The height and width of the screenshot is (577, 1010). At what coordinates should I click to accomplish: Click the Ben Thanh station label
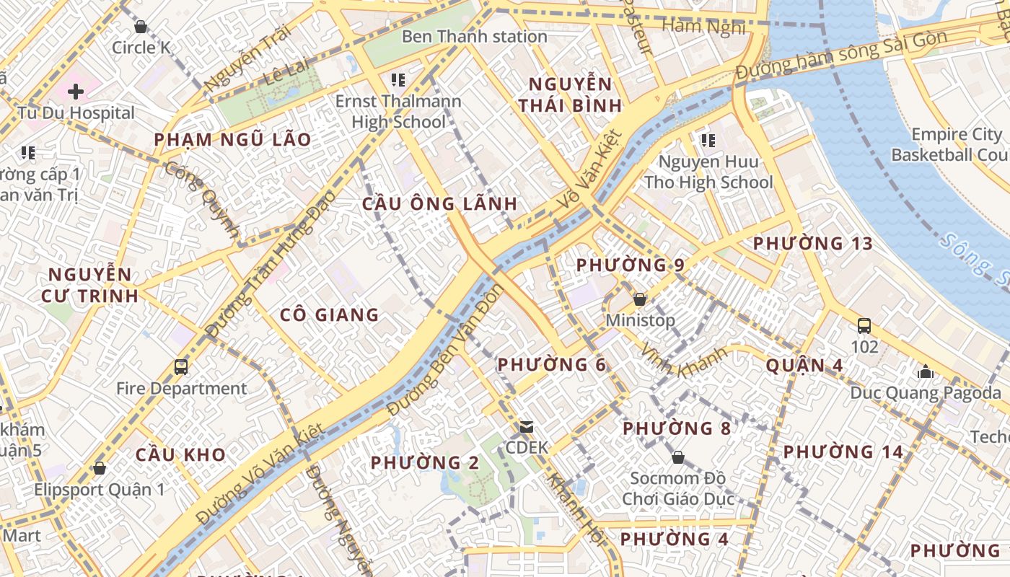pyautogui.click(x=474, y=36)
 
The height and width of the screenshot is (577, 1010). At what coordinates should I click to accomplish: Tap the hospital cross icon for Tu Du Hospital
pyautogui.click(x=76, y=92)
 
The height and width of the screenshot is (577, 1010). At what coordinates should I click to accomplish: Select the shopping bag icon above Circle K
pyautogui.click(x=141, y=27)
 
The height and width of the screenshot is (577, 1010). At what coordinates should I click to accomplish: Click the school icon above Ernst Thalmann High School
pyautogui.click(x=398, y=79)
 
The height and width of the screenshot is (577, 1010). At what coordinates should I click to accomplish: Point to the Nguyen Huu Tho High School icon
pyautogui.click(x=708, y=140)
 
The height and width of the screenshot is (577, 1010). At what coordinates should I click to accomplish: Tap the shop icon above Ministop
pyautogui.click(x=639, y=299)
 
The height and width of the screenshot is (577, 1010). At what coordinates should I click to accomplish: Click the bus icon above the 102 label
pyautogui.click(x=864, y=326)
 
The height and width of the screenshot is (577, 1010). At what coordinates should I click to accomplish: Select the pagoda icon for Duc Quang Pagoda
pyautogui.click(x=925, y=372)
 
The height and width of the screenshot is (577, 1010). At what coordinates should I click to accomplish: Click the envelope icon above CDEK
pyautogui.click(x=527, y=427)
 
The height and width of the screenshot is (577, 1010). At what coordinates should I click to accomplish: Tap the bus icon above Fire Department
pyautogui.click(x=181, y=367)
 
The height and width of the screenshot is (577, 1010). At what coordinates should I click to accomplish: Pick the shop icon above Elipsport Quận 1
pyautogui.click(x=100, y=469)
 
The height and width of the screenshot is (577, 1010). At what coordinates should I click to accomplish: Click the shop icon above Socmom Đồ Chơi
pyautogui.click(x=677, y=457)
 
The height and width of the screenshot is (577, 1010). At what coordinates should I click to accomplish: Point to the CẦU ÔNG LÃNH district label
pyautogui.click(x=439, y=203)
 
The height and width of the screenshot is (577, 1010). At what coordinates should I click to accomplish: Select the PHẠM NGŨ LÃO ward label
pyautogui.click(x=232, y=140)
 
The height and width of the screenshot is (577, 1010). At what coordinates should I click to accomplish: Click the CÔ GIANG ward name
pyautogui.click(x=329, y=314)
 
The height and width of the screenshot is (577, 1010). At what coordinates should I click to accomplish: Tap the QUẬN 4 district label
pyautogui.click(x=804, y=365)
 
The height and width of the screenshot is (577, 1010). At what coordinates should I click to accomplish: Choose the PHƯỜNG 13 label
pyautogui.click(x=813, y=244)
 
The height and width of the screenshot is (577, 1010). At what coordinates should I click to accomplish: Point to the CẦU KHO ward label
pyautogui.click(x=180, y=454)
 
